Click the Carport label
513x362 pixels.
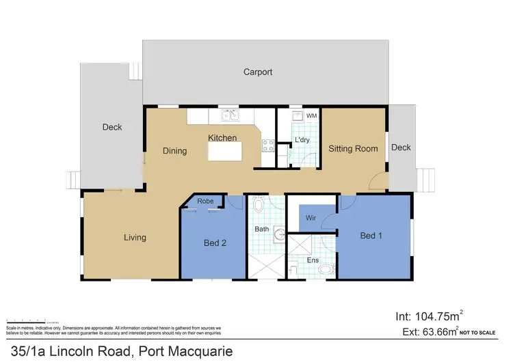pyautogui.click(x=259, y=72)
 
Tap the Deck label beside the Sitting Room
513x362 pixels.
pyautogui.click(x=401, y=148)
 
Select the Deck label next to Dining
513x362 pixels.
pyautogui.click(x=112, y=127)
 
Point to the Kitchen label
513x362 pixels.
pyautogui.click(x=222, y=138)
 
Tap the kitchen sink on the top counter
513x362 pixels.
pyautogui.click(x=228, y=115)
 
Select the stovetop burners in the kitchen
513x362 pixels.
pyautogui.click(x=267, y=145)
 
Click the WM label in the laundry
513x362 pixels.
pyautogui.click(x=311, y=116)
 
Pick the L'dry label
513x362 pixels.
pyautogui.click(x=302, y=141)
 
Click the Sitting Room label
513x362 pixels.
pyautogui.click(x=353, y=148)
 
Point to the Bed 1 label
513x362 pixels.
pyautogui.click(x=371, y=236)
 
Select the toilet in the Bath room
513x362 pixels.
pyautogui.click(x=259, y=205)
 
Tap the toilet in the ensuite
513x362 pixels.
pyautogui.click(x=326, y=270)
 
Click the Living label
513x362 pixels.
pyautogui.click(x=135, y=238)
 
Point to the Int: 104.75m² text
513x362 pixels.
pyautogui.click(x=429, y=316)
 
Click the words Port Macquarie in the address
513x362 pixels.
pyautogui.click(x=185, y=352)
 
